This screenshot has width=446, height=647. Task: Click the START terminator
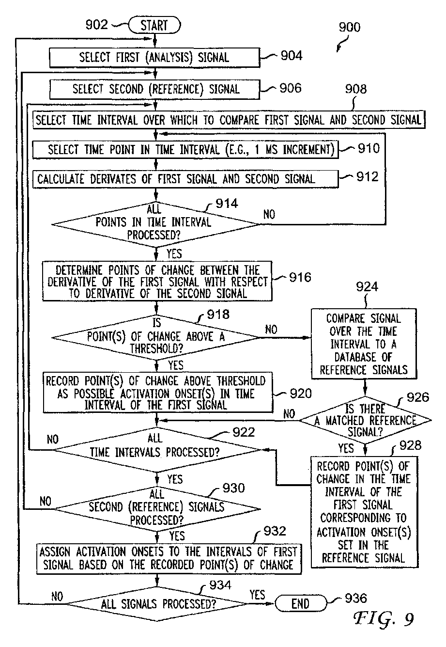tap(154, 25)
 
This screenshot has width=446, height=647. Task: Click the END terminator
tap(301, 603)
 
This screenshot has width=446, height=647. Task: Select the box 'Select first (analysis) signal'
tap(155, 58)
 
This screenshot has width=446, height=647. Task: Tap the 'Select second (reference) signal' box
tap(155, 89)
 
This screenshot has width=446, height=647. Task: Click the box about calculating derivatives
tap(185, 179)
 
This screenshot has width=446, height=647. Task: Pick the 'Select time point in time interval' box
tap(185, 150)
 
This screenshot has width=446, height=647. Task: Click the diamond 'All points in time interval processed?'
tap(156, 224)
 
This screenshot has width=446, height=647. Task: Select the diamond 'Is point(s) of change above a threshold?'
tap(156, 337)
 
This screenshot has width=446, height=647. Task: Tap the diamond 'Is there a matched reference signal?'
tap(365, 420)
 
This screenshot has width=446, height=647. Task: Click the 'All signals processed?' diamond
tap(157, 603)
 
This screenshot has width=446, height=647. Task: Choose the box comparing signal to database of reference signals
tap(364, 344)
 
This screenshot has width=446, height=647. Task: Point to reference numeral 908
tap(356, 89)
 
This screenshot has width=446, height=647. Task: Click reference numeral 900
tap(350, 27)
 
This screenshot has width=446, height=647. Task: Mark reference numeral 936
tap(356, 598)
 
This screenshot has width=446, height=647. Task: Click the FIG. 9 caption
tap(384, 619)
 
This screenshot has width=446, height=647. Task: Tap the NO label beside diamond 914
tap(269, 214)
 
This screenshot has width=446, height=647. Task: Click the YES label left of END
tap(257, 595)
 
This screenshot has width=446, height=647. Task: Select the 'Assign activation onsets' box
tap(169, 559)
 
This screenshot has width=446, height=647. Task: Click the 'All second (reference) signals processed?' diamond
tap(157, 509)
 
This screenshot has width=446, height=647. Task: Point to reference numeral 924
tap(367, 287)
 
